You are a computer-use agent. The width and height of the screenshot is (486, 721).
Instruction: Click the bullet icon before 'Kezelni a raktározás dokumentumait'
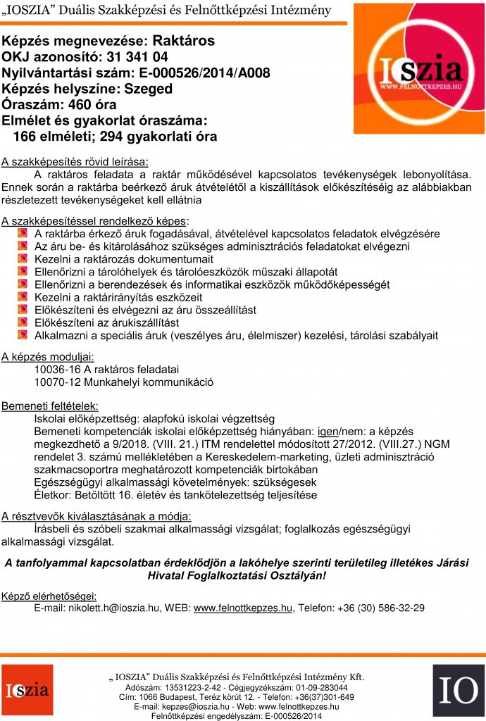click(x=23, y=258)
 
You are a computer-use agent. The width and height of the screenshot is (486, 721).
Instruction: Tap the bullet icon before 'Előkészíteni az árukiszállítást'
click(x=23, y=322)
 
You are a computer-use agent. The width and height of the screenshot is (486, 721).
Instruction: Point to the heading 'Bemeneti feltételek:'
click(x=50, y=406)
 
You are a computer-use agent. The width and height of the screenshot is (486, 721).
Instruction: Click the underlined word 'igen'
click(x=326, y=431)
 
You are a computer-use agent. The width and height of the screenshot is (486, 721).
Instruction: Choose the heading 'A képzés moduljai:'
click(x=46, y=356)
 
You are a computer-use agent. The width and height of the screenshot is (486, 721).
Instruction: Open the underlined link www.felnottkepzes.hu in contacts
click(x=242, y=608)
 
